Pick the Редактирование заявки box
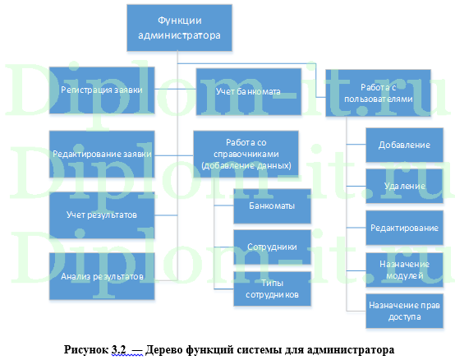pos(102,153)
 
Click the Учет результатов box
pos(102,215)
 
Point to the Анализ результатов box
pos(102,276)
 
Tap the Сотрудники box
pos(272,246)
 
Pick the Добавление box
pos(404,145)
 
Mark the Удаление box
pos(404,186)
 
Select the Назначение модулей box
pos(404,269)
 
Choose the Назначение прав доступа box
pos(404,311)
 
